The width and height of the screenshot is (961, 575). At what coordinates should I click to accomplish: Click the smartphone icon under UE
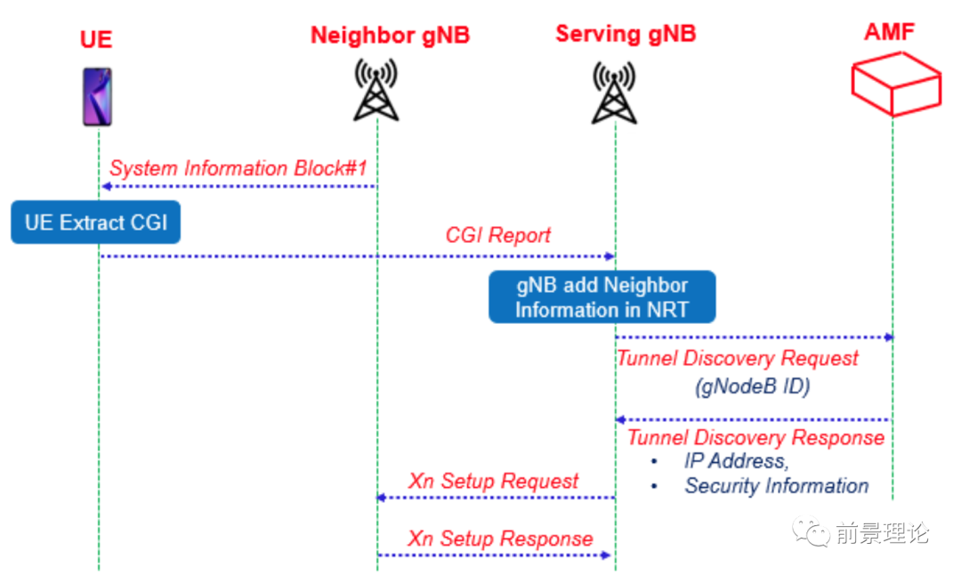tap(97, 95)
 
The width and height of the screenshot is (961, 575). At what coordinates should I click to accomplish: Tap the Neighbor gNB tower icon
tap(376, 89)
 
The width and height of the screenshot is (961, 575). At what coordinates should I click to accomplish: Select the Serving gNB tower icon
tap(614, 92)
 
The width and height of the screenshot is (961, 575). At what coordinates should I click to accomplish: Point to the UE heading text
tap(96, 39)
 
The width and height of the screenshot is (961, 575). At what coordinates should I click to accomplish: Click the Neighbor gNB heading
tap(390, 36)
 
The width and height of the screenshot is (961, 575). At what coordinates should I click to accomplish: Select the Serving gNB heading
tap(626, 34)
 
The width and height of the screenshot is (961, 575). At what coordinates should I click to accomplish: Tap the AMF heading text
tap(889, 33)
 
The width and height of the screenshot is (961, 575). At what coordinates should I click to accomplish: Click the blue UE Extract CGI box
tap(96, 223)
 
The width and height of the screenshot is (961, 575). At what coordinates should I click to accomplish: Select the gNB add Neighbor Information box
tap(602, 297)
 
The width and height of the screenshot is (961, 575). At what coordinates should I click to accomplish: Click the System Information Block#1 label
tap(238, 168)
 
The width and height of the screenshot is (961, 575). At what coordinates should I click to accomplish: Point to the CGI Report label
tap(497, 235)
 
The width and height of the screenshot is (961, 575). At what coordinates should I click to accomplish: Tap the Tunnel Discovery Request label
tap(738, 359)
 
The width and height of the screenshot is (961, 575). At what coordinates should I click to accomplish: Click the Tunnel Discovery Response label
tap(755, 437)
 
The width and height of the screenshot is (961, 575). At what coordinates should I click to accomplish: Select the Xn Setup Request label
tap(493, 482)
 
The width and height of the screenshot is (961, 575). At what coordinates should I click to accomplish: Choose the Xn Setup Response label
tap(500, 539)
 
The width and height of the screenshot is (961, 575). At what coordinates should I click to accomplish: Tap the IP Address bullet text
tap(735, 461)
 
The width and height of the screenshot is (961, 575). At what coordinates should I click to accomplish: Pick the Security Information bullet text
tap(776, 486)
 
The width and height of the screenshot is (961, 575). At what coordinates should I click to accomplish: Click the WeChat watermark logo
tap(813, 533)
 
